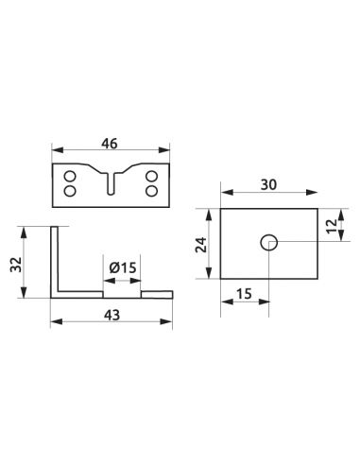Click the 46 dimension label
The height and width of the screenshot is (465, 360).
(110, 144)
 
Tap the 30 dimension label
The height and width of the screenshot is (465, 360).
(268, 185)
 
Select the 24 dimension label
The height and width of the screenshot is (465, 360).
(201, 244)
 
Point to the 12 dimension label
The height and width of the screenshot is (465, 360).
(332, 226)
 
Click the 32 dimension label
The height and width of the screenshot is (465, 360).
(16, 265)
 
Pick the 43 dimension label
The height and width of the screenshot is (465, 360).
(112, 315)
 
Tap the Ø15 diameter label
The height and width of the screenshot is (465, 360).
(123, 268)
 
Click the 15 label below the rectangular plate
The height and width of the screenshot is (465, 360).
(244, 294)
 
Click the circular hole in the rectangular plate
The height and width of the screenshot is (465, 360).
(268, 243)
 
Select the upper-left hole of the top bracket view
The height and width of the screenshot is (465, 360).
(70, 176)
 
